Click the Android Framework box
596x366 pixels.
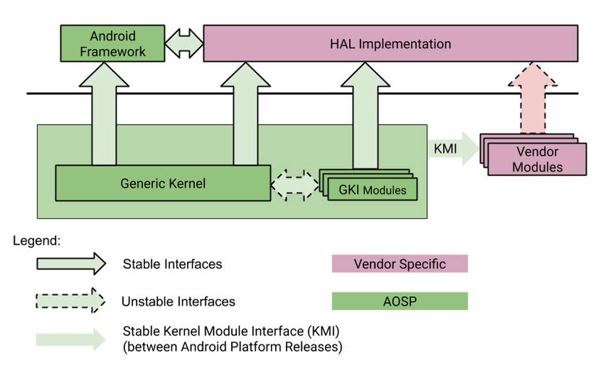coord(112,43)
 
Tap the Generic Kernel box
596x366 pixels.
coord(163,183)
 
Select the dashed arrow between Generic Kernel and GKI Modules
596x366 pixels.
coord(295,184)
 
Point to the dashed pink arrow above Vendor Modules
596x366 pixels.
coord(535,97)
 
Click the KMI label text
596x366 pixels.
coord(444,149)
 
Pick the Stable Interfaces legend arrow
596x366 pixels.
coord(71,264)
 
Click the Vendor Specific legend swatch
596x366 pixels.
coord(400,264)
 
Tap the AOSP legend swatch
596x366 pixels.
coord(400,301)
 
